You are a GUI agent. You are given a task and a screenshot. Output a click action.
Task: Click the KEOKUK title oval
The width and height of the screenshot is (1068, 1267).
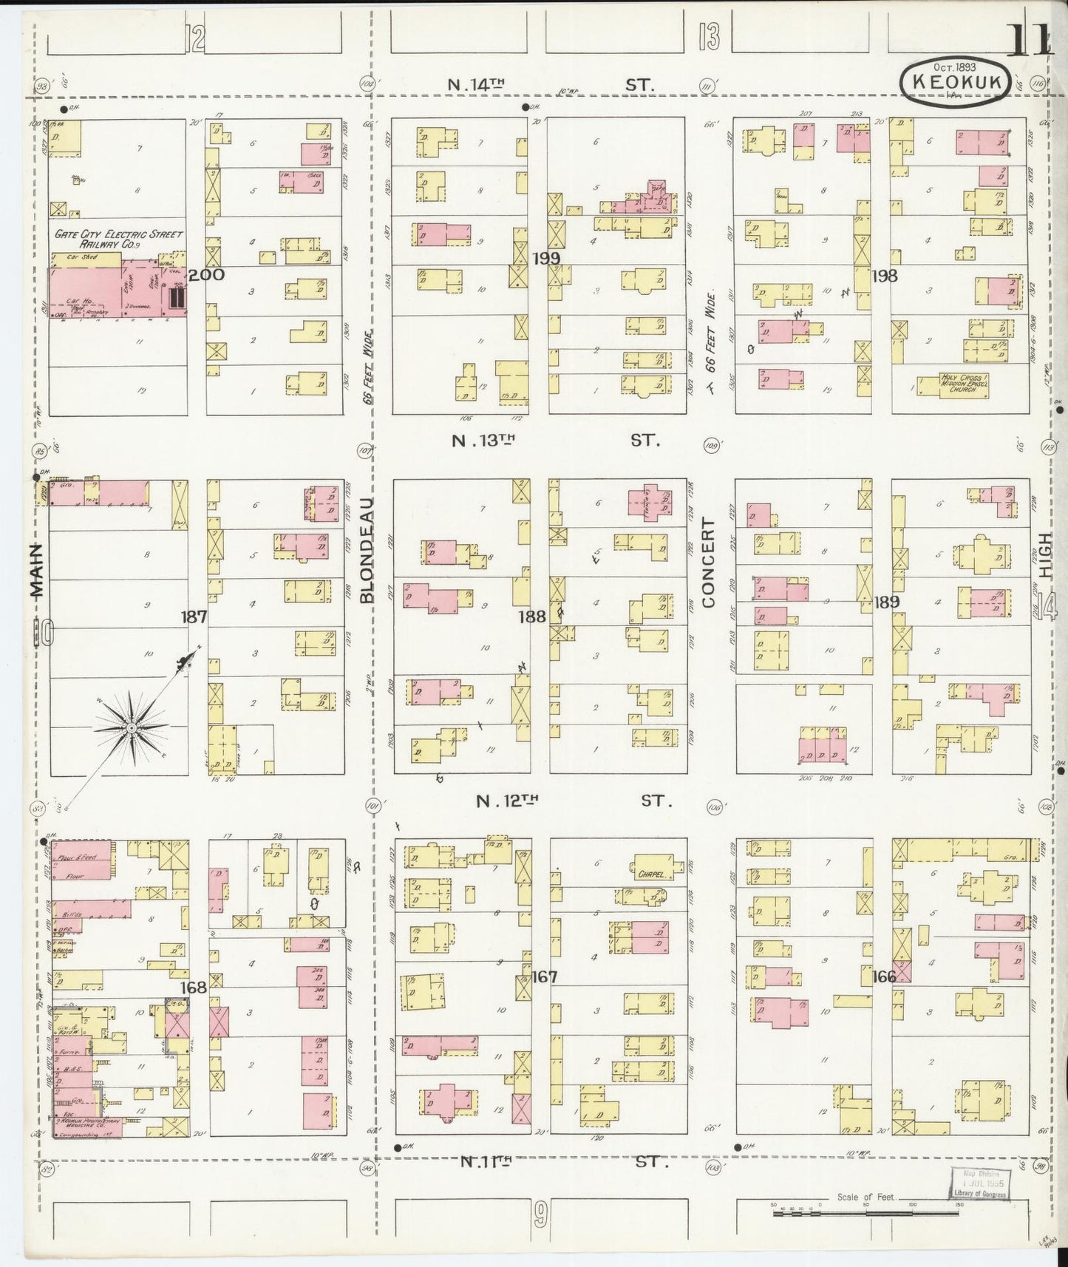[x=955, y=83]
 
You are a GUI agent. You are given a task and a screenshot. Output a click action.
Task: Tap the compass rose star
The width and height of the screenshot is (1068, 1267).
[x=131, y=728]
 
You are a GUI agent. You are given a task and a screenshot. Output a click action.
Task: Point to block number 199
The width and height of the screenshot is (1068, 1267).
[x=545, y=258]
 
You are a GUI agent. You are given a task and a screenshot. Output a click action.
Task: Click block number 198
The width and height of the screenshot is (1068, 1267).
[x=884, y=276]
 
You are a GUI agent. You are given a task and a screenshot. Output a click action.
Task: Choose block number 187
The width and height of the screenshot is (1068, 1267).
[x=194, y=616]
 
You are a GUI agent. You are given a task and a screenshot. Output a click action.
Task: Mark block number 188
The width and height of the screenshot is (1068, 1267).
[x=532, y=615]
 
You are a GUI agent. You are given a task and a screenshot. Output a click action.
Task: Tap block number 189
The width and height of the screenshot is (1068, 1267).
[x=886, y=602]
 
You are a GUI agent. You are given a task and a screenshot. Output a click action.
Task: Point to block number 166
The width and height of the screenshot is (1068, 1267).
[x=884, y=976]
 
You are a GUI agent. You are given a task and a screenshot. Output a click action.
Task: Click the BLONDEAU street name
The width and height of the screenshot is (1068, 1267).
[x=368, y=551]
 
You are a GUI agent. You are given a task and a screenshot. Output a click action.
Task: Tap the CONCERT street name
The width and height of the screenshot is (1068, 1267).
[x=709, y=563]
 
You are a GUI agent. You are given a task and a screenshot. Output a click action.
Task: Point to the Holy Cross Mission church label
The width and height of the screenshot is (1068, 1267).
[x=963, y=383]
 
